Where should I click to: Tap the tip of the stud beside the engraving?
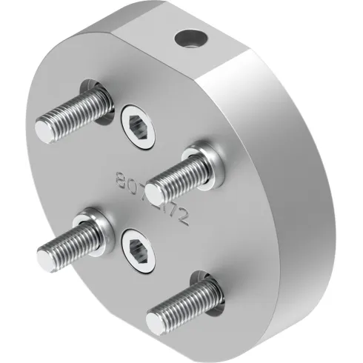tap(154, 194)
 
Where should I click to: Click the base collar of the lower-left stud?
tap(97, 224)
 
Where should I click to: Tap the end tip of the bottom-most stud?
tap(156, 320)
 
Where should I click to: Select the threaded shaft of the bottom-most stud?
tap(178, 304)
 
